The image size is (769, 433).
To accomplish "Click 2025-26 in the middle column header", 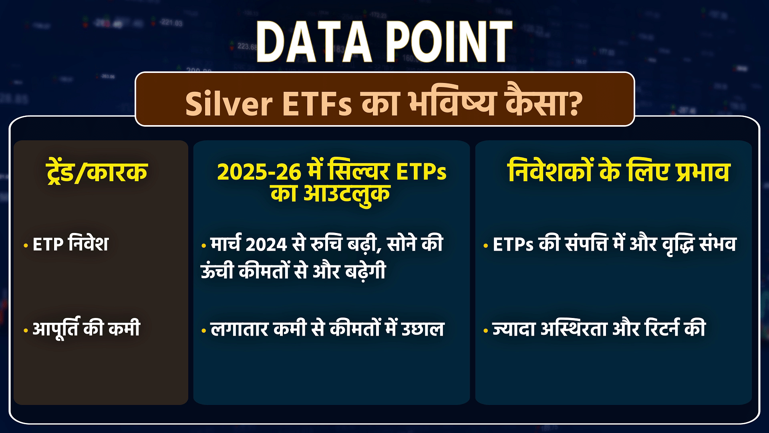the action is [259, 172].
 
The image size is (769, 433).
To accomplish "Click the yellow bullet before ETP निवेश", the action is [26, 245].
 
